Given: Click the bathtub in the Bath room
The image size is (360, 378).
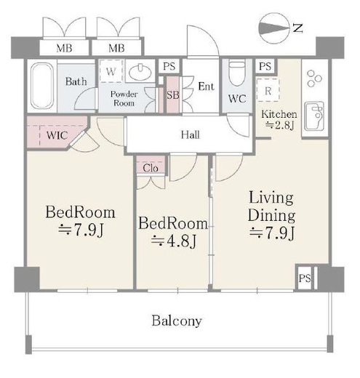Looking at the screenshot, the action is point(41,86).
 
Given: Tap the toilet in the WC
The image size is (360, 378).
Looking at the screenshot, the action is point(237,73).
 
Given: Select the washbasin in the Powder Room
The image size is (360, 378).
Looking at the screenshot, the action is point(140,72).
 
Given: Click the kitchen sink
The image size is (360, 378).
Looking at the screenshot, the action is point(314,116).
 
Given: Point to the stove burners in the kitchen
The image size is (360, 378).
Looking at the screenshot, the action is point(314,78).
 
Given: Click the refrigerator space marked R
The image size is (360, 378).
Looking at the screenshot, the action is point(268,90).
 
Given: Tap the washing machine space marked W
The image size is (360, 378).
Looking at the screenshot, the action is point(111,71).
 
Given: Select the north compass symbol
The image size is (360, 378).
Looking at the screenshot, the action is point(281,28).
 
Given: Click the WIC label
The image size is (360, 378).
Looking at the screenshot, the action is point(57,135).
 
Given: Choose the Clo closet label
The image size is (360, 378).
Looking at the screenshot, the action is point(151,168).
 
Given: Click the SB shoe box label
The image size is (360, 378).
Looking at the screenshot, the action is point(173,95).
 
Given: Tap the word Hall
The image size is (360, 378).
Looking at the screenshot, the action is point(191,134).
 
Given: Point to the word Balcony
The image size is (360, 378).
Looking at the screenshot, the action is point(177,321).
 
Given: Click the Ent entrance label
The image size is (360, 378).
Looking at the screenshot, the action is point(207,87).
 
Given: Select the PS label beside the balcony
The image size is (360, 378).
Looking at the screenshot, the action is point(305,278).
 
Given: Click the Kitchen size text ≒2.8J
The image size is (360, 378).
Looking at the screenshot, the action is point(280,125).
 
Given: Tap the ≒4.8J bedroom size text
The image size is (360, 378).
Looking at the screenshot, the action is point(174,241).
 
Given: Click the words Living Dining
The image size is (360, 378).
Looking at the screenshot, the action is point(271,206).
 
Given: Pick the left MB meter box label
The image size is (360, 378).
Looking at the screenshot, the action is point(64,48).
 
